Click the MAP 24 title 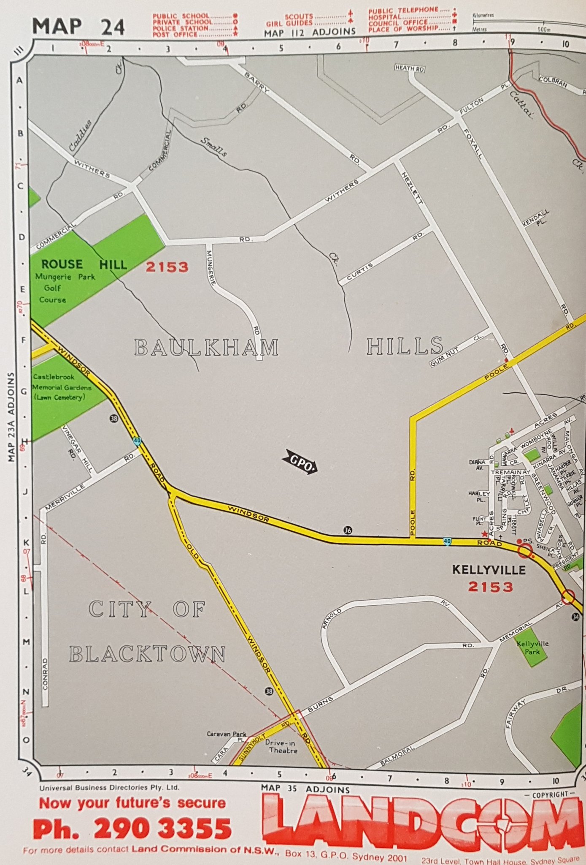(78, 27)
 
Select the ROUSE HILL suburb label (84, 265)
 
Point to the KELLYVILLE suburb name (489, 570)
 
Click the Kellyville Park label (532, 647)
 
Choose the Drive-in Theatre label (283, 747)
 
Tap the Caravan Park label (227, 734)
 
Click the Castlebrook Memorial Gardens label (62, 387)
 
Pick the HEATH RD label (409, 68)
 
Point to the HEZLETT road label (412, 188)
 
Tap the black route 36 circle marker (347, 530)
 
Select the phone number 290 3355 (162, 829)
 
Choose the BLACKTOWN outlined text (147, 654)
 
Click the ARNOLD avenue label (332, 618)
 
